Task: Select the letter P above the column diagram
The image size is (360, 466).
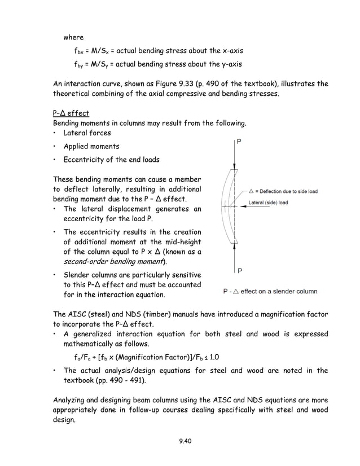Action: pyautogui.click(x=239, y=143)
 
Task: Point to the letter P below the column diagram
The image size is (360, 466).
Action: pyautogui.click(x=239, y=271)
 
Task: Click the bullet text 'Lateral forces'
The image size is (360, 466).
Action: pyautogui.click(x=87, y=133)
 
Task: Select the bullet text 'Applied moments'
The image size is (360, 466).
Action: pyautogui.click(x=91, y=146)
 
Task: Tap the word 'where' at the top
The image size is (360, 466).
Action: pyautogui.click(x=73, y=37)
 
